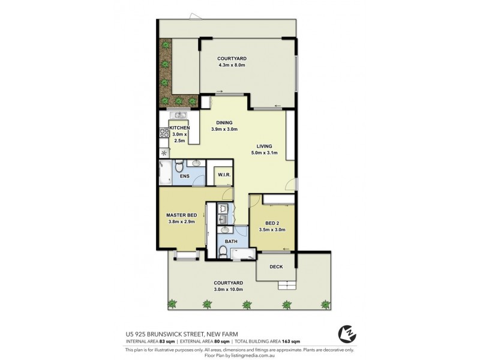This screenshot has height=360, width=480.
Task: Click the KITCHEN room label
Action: tap(179, 128)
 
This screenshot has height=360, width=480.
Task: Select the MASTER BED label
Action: tap(182, 215)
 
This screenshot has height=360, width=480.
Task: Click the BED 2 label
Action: tap(273, 223)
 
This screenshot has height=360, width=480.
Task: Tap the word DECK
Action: tap(276, 267)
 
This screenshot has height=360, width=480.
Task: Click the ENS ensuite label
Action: tap(185, 176)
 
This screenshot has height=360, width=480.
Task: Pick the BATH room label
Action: tap(231, 242)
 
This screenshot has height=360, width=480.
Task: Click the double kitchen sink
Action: tap(178, 115)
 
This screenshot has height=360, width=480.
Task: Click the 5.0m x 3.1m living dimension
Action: tap(265, 153)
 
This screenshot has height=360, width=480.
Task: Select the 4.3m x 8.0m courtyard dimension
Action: tap(233, 64)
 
